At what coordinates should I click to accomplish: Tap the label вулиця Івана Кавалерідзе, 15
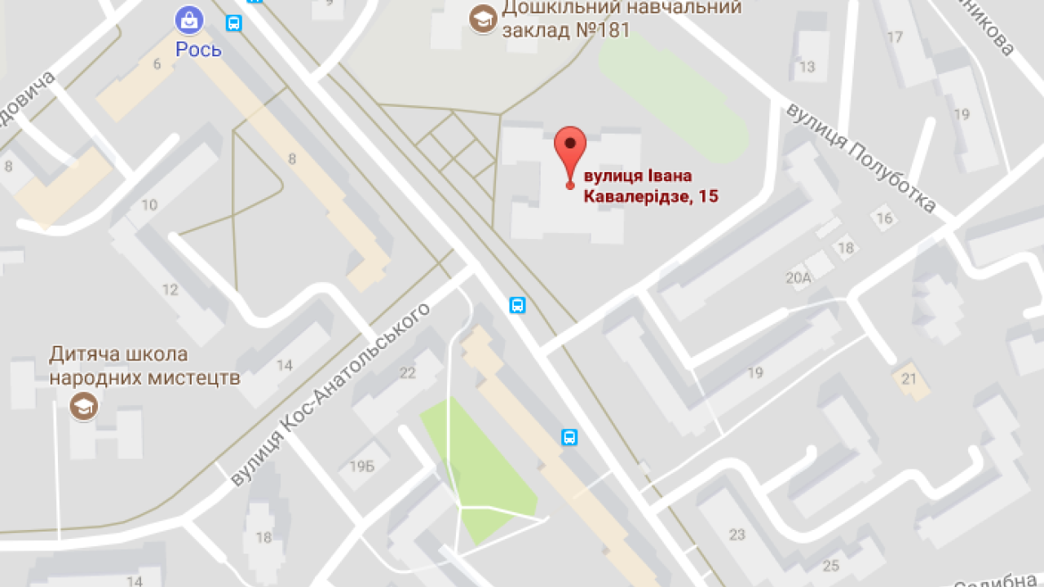tap(649, 186)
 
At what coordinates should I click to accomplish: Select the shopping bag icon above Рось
tap(188, 20)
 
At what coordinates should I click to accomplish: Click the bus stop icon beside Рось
tap(234, 23)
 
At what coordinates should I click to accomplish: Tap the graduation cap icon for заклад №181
tap(483, 19)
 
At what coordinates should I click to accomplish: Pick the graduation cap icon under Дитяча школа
tap(83, 405)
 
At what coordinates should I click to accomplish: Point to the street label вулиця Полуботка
tap(860, 158)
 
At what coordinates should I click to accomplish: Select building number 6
tap(157, 64)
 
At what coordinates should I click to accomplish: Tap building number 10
tap(149, 205)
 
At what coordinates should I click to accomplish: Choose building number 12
tap(170, 289)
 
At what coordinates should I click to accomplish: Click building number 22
tap(407, 373)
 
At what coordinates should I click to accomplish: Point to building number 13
tap(807, 67)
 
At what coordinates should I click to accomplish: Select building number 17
tap(895, 37)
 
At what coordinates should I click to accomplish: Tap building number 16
tap(884, 218)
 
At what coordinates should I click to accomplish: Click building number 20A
tap(798, 278)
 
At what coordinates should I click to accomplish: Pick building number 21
tap(909, 378)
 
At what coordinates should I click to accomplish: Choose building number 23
tap(737, 535)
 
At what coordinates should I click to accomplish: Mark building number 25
tap(831, 566)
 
